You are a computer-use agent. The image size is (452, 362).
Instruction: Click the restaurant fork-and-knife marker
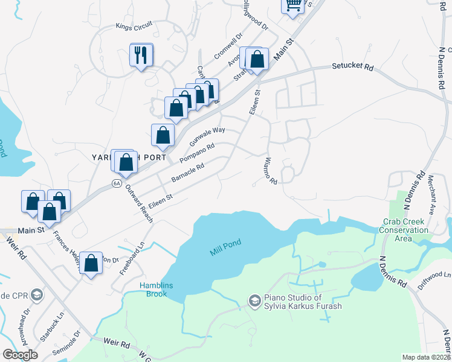[141, 56]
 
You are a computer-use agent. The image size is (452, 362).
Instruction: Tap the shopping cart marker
[292, 5]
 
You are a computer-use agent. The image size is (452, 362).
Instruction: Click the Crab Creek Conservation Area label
[404, 230]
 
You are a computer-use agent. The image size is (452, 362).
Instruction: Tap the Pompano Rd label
[197, 154]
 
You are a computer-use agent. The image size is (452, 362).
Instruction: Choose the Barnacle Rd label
[189, 172]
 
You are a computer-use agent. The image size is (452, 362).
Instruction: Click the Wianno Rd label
[270, 171]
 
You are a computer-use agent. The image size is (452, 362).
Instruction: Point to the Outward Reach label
[139, 204]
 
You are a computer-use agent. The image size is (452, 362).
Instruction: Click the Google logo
[20, 354]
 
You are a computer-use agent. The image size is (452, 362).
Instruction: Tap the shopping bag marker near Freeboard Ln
[91, 263]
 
